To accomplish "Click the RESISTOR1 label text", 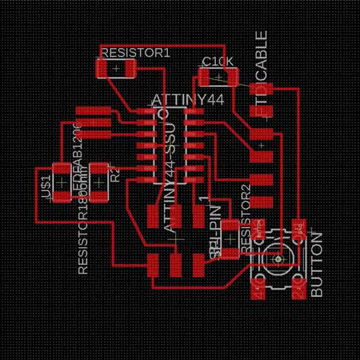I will coord(136,53).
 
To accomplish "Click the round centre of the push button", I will coord(278,259).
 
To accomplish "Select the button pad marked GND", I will coord(298,229).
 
